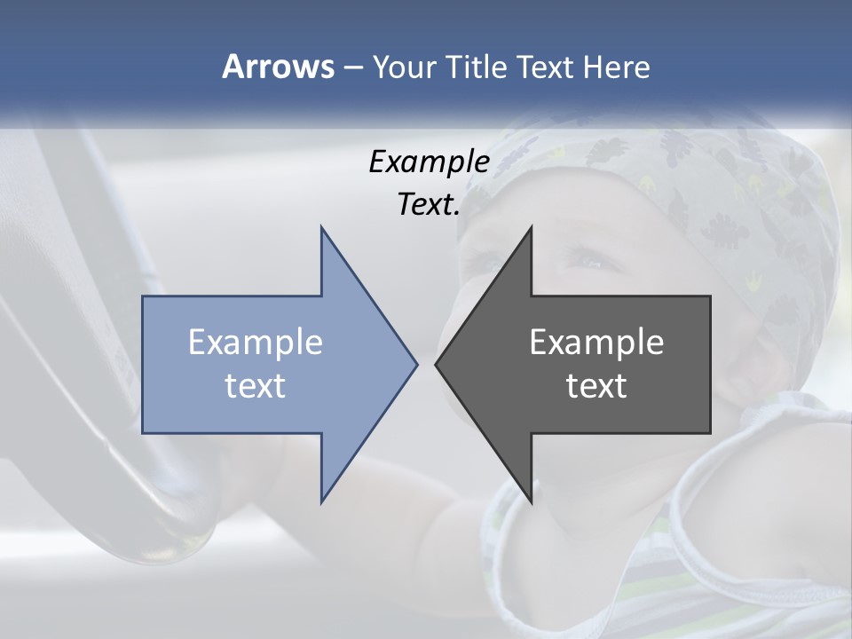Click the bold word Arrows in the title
tap(279, 67)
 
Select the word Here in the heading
tap(616, 67)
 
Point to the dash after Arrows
tap(352, 67)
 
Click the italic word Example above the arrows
tap(429, 162)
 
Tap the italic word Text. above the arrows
tap(429, 204)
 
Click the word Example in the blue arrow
tap(256, 342)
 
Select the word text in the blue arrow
tap(256, 385)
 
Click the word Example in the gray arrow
tap(596, 342)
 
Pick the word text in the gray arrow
tap(596, 385)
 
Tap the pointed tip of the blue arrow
tap(417, 363)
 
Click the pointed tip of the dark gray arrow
tap(436, 363)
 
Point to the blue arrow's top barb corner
tap(321, 227)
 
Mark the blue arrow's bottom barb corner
tap(321, 501)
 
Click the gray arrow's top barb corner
tap(532, 227)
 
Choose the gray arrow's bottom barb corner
tap(532, 501)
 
